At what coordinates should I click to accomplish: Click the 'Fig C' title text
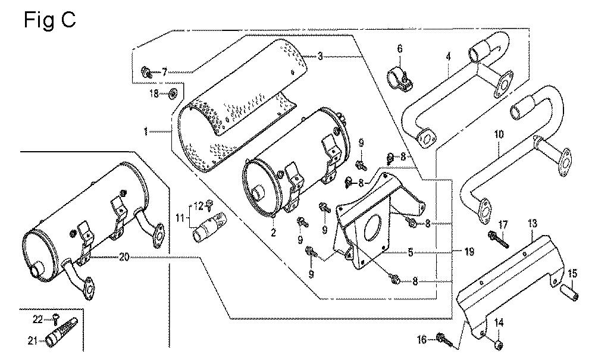[x=50, y=20]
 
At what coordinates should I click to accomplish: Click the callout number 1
[x=145, y=132]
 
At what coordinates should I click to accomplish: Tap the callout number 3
[x=320, y=56]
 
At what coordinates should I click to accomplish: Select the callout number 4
[x=449, y=57]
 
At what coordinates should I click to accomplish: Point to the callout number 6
[x=400, y=49]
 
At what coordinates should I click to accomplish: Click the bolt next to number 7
[x=146, y=71]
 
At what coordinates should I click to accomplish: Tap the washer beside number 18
[x=173, y=92]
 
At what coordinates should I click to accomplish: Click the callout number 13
[x=533, y=223]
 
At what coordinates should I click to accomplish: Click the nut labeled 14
[x=499, y=334]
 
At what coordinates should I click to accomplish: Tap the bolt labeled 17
[x=498, y=239]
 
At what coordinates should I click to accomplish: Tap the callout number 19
[x=469, y=251]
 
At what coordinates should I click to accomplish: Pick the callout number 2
[x=273, y=232]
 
